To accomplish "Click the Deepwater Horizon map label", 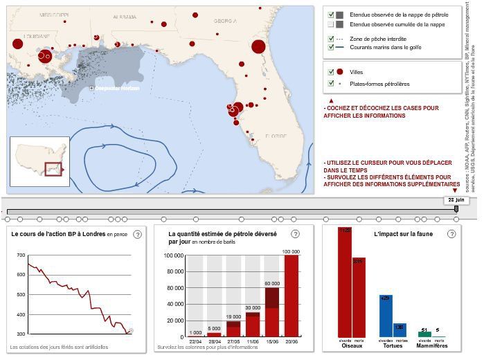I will coord(118,89).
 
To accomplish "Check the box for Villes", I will coord(332,72).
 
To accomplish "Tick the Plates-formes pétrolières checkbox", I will coord(332,84).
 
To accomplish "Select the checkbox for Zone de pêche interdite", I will coord(332,39).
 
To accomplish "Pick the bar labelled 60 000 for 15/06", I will coord(272,312).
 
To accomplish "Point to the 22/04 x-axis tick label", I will coord(195,341).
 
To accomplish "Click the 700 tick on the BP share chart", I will coord(21,255).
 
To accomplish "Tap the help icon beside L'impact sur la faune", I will coord(451,234).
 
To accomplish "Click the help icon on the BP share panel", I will coord(137,234).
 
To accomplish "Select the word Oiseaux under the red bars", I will coord(352,345).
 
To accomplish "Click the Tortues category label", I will coord(392,345).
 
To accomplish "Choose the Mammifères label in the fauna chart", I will coord(431,345).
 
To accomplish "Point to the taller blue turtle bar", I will coord(385,316).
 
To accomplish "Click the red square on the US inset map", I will coord(53,169).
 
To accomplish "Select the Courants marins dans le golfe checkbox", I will coord(332,48).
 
